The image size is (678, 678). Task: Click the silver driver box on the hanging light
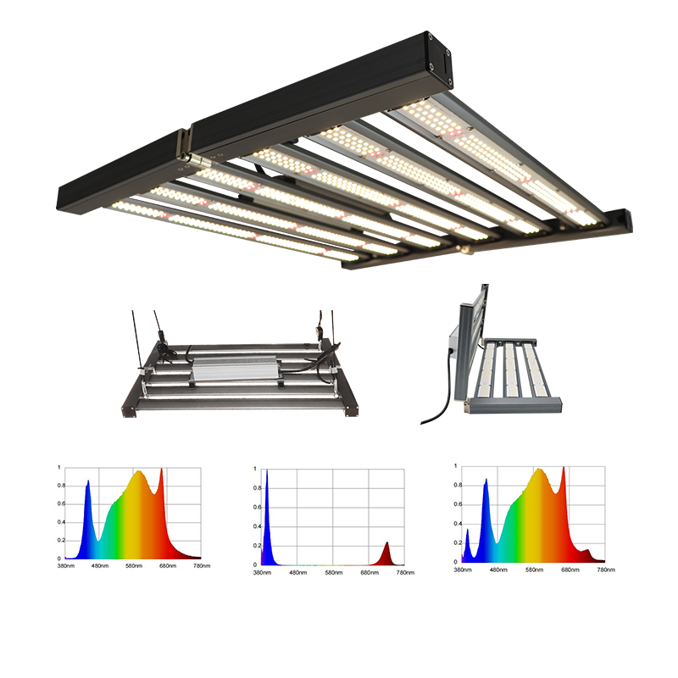click(x=235, y=368)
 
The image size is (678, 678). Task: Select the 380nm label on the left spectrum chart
click(x=66, y=565)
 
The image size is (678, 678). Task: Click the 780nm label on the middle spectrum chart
click(x=405, y=573)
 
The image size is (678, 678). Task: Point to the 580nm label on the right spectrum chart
click(x=534, y=570)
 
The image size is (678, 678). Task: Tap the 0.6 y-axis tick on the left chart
click(x=61, y=503)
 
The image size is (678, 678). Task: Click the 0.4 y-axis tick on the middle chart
click(x=257, y=526)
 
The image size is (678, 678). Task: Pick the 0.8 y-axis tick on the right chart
click(x=458, y=485)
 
